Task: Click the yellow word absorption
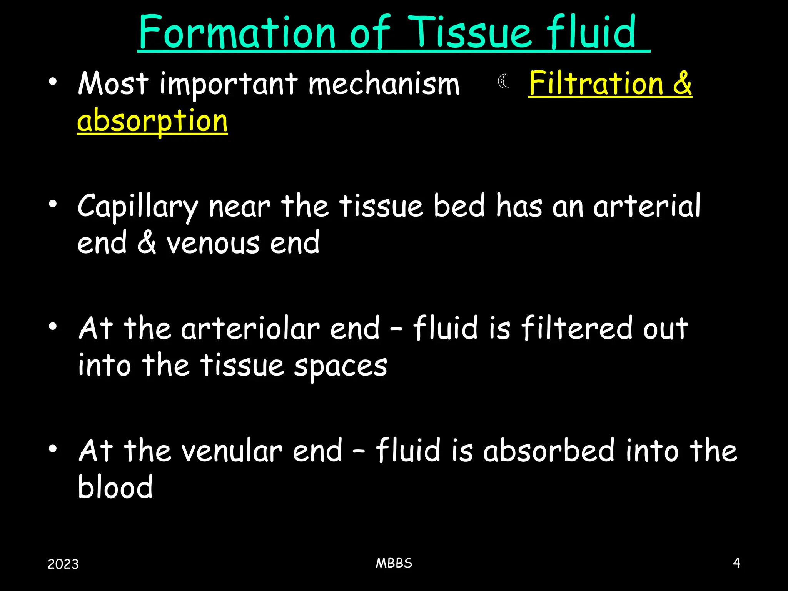152,121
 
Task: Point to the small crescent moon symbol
504,82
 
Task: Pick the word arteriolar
250,329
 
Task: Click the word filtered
577,329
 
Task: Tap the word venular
232,451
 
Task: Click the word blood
115,487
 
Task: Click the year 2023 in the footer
63,564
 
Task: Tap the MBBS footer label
394,563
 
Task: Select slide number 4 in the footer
736,563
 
